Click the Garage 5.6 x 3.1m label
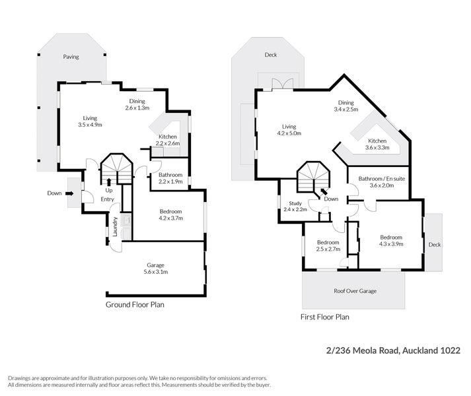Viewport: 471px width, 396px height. click(156, 268)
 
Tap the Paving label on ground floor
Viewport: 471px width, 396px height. click(71, 57)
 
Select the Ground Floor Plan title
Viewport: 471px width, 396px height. click(135, 305)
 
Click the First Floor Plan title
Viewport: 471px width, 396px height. click(324, 317)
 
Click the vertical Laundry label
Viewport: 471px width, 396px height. click(116, 227)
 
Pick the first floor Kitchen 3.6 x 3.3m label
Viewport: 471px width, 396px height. click(377, 145)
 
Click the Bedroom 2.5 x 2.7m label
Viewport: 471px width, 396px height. click(327, 246)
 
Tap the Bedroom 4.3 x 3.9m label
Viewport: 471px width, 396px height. click(390, 240)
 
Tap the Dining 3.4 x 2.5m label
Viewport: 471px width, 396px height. click(346, 106)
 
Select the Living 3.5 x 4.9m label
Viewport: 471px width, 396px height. click(91, 121)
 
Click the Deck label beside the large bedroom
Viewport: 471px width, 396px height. click(433, 244)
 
